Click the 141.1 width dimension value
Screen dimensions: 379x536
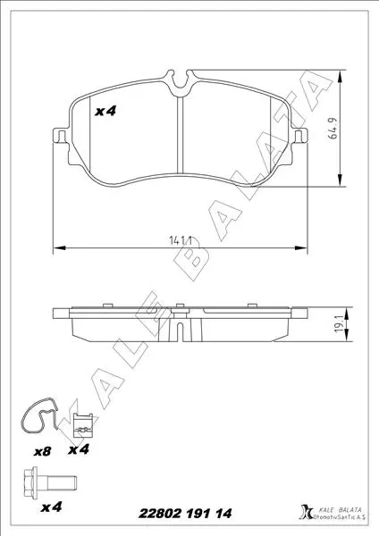[180, 240]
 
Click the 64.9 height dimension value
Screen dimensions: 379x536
[333, 128]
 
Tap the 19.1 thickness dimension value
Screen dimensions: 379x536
[340, 324]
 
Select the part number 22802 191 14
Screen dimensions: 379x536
[185, 513]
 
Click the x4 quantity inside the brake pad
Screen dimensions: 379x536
[105, 111]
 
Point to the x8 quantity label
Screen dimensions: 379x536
[42, 451]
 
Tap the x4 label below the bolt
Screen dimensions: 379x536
[51, 507]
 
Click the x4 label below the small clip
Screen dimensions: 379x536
[79, 449]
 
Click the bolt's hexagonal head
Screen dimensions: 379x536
[30, 483]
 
